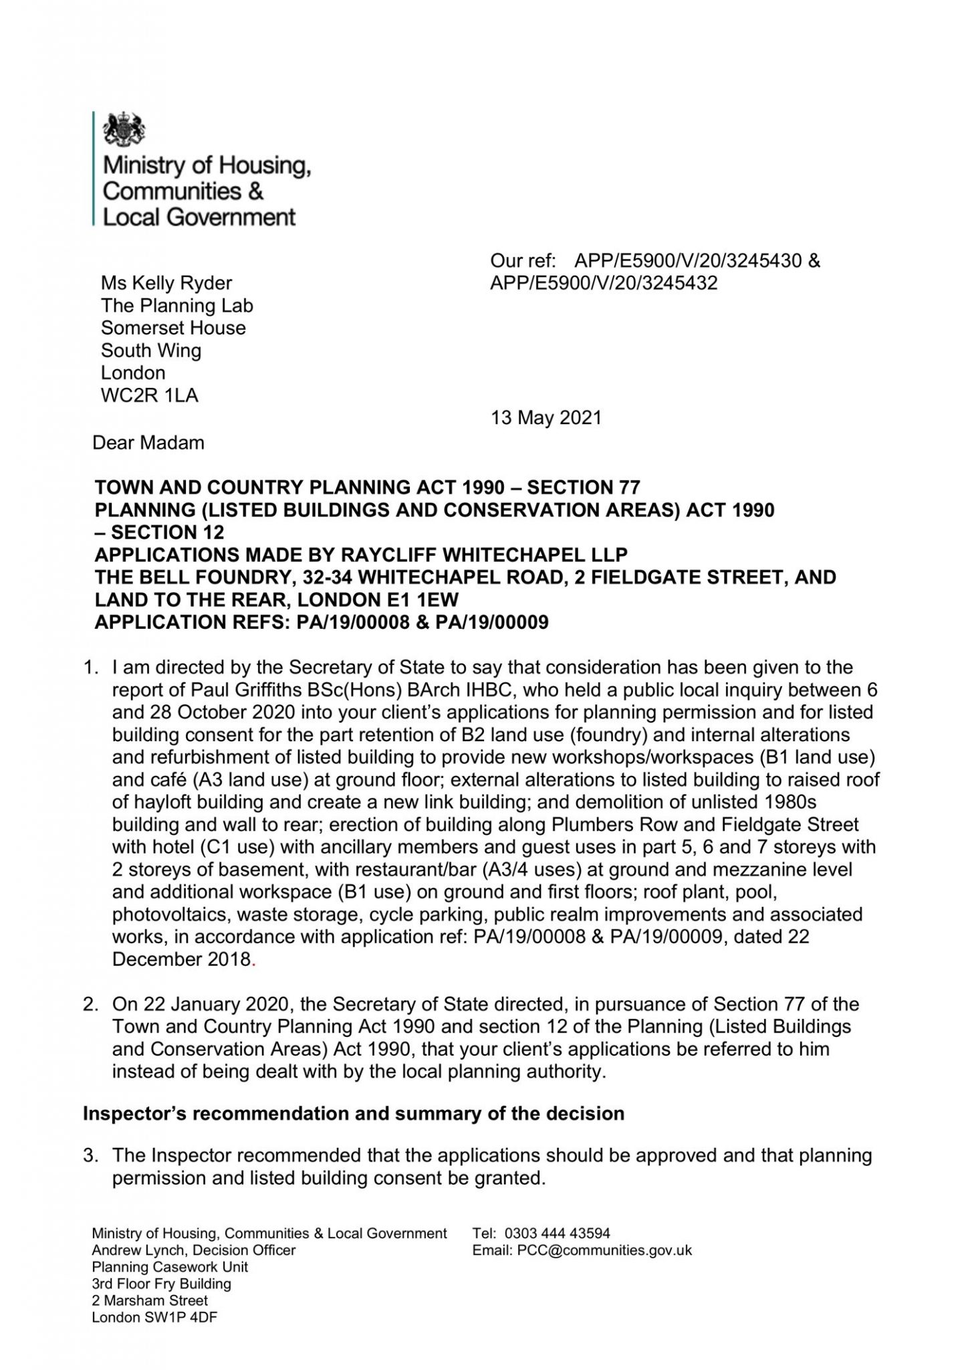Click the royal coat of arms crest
tap(124, 128)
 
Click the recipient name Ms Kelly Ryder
tap(166, 283)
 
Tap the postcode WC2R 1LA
tap(149, 395)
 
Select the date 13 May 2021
tap(546, 418)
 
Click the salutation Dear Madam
tap(148, 442)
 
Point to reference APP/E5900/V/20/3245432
tap(604, 283)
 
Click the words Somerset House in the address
tap(173, 328)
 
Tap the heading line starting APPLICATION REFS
tap(322, 622)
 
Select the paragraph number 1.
tap(89, 667)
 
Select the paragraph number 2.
tap(89, 1004)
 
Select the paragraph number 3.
tap(89, 1155)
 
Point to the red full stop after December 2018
tap(253, 961)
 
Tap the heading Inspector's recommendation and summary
tap(353, 1114)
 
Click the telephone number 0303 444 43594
tap(558, 1233)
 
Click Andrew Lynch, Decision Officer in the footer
tap(193, 1250)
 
